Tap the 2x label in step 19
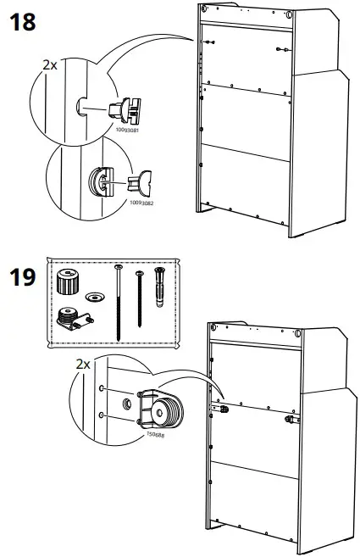[x=83, y=364]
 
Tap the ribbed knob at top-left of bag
[x=68, y=281]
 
